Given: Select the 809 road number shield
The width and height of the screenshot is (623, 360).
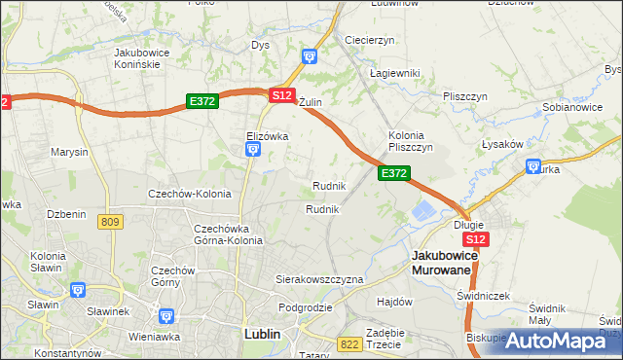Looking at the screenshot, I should [x=110, y=222].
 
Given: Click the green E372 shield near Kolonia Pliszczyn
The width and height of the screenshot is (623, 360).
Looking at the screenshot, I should [x=393, y=172].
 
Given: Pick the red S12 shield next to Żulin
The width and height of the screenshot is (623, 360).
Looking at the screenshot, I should [x=282, y=95].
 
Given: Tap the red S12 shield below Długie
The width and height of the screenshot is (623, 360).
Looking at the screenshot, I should [x=475, y=239].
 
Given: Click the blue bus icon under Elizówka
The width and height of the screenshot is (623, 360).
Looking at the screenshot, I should [x=252, y=149].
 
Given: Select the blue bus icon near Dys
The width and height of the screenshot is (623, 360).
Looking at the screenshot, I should [x=310, y=56].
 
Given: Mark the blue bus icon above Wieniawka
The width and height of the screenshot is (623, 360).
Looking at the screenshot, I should [x=165, y=316].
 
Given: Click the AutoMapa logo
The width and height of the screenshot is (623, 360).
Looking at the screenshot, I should [x=556, y=341].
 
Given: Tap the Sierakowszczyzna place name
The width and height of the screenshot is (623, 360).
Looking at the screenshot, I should [x=319, y=278].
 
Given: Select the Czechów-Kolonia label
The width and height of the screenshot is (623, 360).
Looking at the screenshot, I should [x=189, y=194].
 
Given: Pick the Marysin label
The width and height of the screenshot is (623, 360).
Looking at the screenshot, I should [x=69, y=152].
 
